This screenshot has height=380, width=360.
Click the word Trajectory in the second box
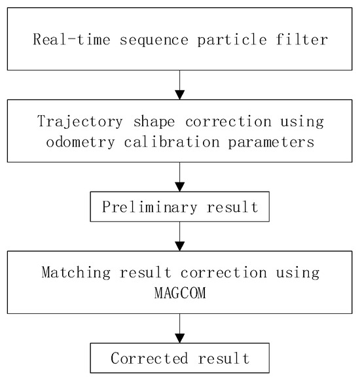[73, 122]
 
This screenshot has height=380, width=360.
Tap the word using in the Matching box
[298, 272]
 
